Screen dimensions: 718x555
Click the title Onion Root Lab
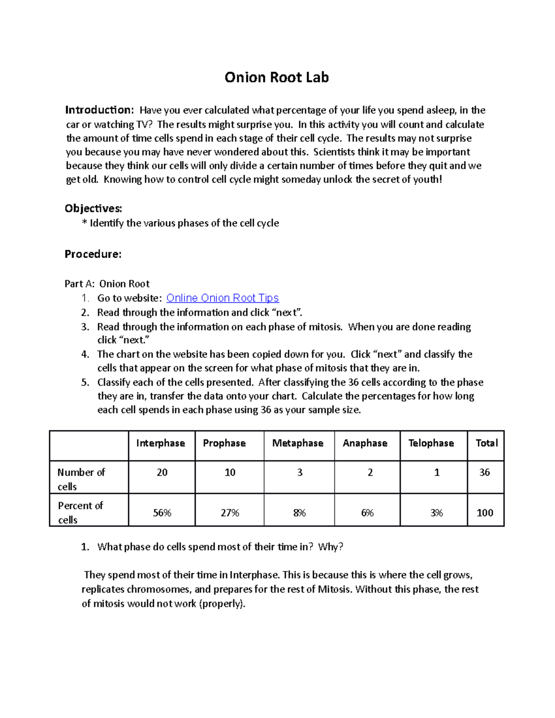[277, 77]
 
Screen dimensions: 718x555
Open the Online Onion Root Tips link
[222, 298]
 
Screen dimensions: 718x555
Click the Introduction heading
[99, 110]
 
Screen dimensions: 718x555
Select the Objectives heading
[93, 209]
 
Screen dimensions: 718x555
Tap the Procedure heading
[93, 254]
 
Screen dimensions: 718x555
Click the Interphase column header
[160, 443]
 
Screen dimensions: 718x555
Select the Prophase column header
[224, 443]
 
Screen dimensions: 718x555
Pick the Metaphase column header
[298, 443]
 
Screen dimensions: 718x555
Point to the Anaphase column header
[365, 443]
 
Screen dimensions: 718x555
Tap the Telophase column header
[431, 443]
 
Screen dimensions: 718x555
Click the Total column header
[487, 443]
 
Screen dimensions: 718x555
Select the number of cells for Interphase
[162, 473]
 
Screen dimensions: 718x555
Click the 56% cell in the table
[162, 513]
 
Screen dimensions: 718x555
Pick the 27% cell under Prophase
[230, 513]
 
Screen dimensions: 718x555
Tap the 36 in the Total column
[484, 473]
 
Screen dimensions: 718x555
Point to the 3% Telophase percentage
[436, 513]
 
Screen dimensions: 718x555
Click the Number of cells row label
[81, 479]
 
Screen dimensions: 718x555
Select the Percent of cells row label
[80, 512]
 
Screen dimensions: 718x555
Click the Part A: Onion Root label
[107, 284]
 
